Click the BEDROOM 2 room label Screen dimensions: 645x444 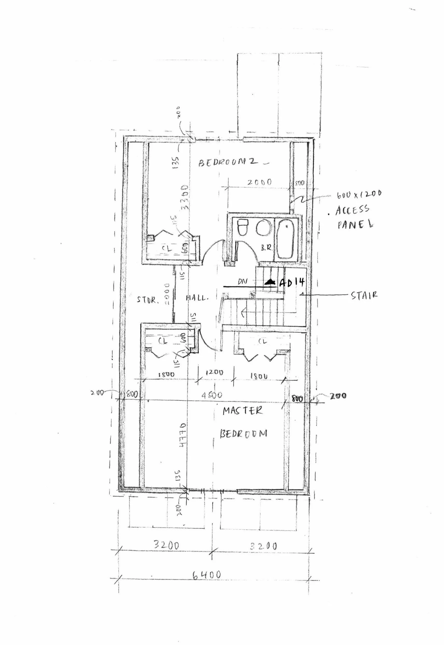(228, 162)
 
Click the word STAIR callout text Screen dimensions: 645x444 (364, 295)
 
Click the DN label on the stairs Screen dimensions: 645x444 (242, 282)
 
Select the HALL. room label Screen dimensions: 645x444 (197, 298)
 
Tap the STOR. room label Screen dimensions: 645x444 (147, 300)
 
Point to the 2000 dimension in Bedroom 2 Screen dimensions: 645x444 (259, 182)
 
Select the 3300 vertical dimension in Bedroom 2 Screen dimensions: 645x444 (185, 198)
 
